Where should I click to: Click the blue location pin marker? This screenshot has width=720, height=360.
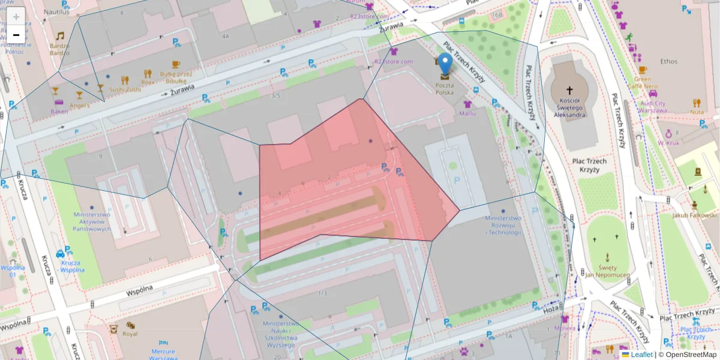(x=445, y=64)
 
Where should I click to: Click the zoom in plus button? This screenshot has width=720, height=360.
(x=16, y=17)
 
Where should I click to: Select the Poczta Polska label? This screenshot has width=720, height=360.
(x=445, y=89)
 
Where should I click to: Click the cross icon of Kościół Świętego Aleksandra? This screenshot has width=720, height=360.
(x=569, y=89)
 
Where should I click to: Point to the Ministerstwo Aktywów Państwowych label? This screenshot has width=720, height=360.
(x=92, y=221)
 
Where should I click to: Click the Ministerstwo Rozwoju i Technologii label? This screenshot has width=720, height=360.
(x=503, y=226)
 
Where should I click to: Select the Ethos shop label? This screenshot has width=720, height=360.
(x=668, y=61)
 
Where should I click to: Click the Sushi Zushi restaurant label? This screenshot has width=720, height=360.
(x=125, y=89)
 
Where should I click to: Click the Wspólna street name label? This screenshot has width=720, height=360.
(x=140, y=290)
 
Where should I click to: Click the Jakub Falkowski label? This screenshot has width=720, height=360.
(x=694, y=215)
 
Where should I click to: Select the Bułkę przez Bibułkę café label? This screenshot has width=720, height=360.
(x=176, y=77)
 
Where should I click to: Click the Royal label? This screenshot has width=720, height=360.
(x=130, y=334)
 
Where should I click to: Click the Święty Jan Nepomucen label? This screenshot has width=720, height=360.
(x=606, y=271)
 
